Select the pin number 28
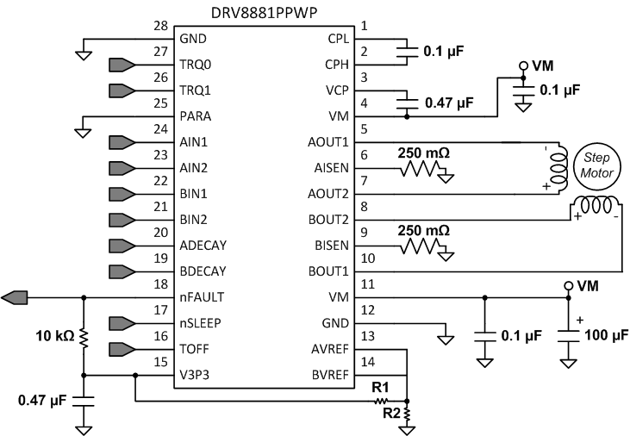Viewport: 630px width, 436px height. [160, 27]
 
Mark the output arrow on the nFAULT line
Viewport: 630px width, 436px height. [16, 297]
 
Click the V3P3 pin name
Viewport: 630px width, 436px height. [196, 376]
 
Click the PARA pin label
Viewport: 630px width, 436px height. [196, 116]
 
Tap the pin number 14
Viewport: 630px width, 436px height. [367, 363]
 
